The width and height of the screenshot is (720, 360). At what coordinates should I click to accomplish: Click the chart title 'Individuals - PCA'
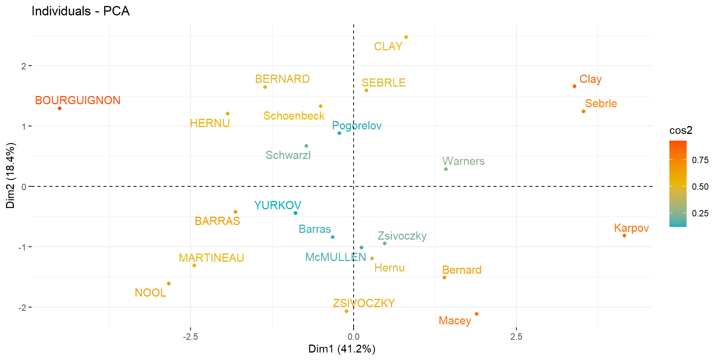coord(81,11)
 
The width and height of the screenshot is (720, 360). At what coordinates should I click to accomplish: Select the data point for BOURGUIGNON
coord(60,108)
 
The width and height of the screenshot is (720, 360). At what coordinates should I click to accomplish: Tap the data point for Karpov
coord(624,235)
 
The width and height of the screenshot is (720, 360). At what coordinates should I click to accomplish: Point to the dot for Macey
coord(477,314)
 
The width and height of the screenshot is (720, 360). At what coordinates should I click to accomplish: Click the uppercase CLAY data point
coord(406,37)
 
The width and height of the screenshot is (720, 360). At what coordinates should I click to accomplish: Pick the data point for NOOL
coord(169,283)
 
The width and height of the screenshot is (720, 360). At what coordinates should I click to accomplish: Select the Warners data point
coord(446,169)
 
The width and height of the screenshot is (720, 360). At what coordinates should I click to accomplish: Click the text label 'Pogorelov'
coord(357,126)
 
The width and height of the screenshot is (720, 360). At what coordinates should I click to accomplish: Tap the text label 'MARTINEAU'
coord(211,258)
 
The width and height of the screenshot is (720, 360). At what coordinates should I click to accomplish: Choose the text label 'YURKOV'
coord(277,205)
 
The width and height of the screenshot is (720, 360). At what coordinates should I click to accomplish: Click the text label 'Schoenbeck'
coord(294,116)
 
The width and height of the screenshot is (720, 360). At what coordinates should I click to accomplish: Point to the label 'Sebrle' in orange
coord(601,103)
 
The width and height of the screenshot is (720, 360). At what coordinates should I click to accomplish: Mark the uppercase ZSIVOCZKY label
coord(364,303)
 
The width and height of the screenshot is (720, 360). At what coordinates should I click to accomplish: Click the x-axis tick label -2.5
coord(190,337)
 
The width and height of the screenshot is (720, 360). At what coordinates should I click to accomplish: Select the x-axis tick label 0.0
coord(353,337)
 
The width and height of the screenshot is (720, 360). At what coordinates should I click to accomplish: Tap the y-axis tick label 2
coord(24,66)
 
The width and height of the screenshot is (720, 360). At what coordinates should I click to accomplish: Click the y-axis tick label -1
coord(22,247)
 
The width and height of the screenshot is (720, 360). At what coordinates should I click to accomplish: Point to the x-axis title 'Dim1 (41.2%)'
coord(342,349)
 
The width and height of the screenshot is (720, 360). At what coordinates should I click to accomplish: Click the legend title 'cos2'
coord(681,130)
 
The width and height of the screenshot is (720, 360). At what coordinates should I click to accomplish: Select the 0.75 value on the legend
coord(700,160)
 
